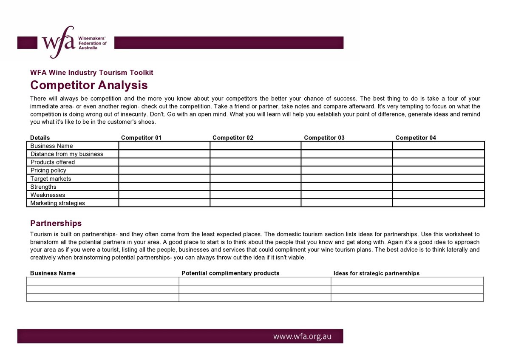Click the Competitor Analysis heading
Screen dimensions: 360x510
coord(89,85)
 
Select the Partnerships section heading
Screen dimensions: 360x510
coord(56,223)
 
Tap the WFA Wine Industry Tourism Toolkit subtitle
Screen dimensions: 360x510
coord(91,73)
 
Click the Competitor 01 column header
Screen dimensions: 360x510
coord(141,138)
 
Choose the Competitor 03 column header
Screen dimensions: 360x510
coord(324,138)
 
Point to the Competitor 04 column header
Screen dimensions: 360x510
coord(416,138)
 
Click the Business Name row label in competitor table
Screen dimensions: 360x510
coord(51,146)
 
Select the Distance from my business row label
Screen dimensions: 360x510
coord(67,154)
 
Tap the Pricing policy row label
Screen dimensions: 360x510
coord(48,170)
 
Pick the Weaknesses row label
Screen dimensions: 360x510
coord(48,195)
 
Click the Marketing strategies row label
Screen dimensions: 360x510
coord(57,203)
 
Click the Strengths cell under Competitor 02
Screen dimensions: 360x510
coord(255,187)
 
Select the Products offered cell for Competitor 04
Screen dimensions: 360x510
coord(438,162)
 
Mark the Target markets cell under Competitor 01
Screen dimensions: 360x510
coord(164,179)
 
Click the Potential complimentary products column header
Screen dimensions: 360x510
coord(230,273)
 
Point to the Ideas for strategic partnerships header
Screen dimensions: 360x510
coord(377,273)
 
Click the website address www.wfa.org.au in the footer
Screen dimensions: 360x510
coord(302,337)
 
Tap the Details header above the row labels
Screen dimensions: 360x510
coord(40,138)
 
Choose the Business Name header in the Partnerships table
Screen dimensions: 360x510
coord(53,273)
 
